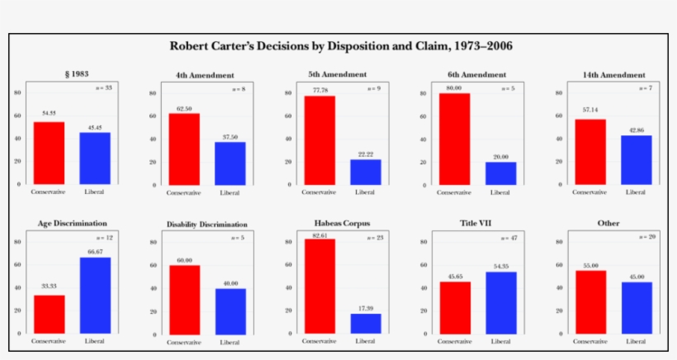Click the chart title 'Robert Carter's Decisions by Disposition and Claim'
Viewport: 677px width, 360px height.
[x=340, y=45]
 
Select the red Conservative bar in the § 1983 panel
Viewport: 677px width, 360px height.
[x=49, y=153]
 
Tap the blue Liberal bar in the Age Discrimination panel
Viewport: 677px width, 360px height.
[x=95, y=295]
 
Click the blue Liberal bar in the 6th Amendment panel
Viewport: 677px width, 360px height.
[x=500, y=173]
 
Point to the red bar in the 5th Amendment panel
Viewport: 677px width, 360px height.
[x=320, y=140]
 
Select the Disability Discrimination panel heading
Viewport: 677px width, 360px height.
[x=206, y=224]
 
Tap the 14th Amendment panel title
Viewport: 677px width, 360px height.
[x=613, y=74]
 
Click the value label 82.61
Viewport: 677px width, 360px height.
[x=320, y=234]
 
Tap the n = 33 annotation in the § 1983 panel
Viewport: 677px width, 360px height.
[x=103, y=88]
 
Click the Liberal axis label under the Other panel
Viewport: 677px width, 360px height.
[x=636, y=340]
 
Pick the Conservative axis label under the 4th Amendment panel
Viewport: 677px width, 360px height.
[x=184, y=192]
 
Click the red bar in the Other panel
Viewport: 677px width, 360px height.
[x=590, y=301]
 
